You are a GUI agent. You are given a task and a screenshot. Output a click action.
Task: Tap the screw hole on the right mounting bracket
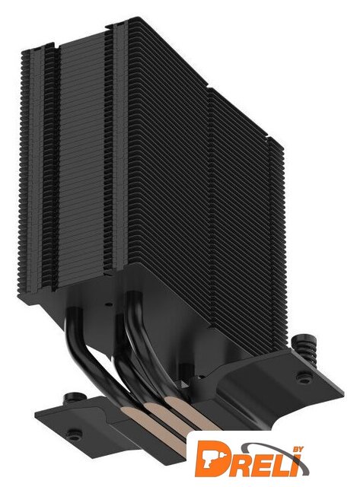302,377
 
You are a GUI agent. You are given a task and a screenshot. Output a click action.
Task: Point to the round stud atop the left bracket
74,396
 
